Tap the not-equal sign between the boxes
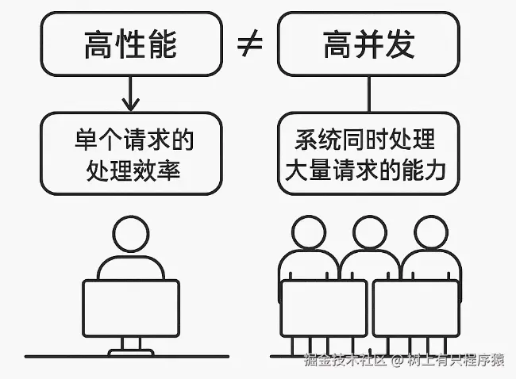click(250, 46)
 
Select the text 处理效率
click(131, 169)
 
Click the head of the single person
click(131, 235)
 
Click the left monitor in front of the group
click(325, 308)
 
